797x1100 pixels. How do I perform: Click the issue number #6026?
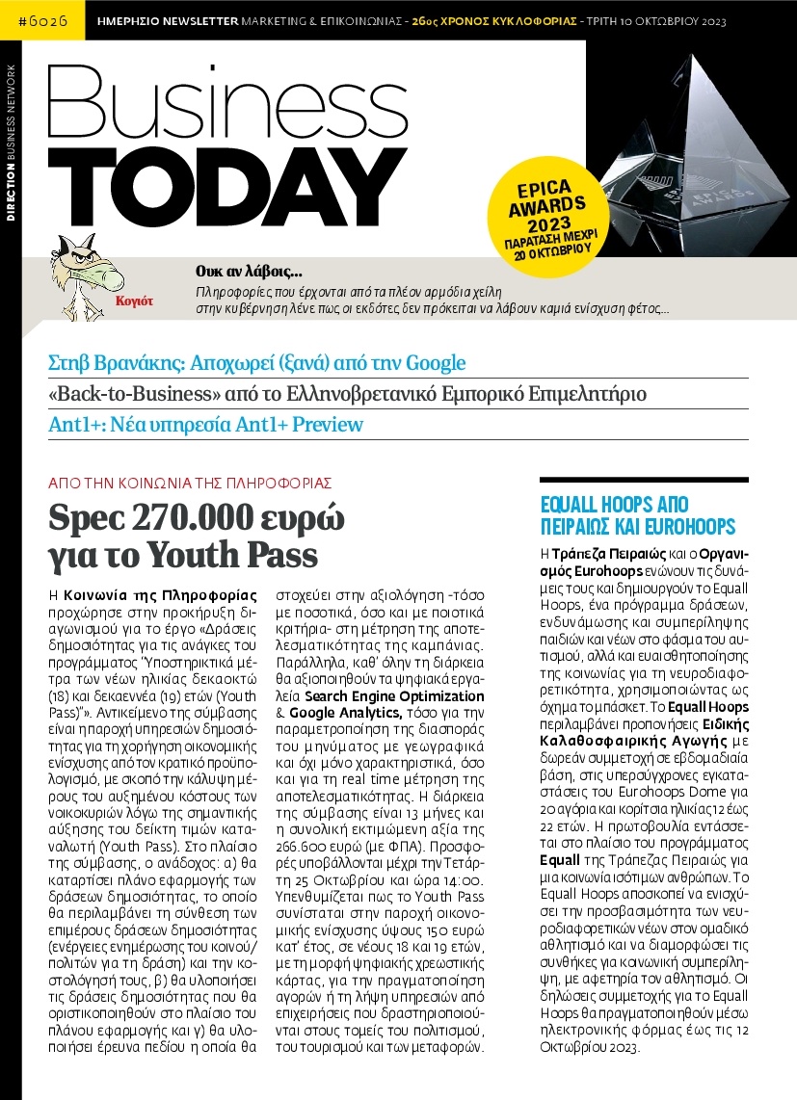40,19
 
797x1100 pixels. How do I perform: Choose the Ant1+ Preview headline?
205,425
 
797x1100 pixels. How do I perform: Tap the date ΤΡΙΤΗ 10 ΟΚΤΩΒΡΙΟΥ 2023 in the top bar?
661,19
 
